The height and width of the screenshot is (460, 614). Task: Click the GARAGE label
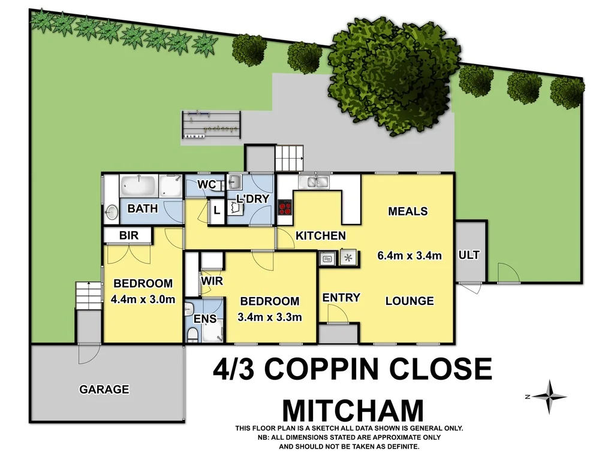click(104, 389)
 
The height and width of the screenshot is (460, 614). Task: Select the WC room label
click(207, 184)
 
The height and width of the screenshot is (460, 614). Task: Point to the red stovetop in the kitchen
click(285, 207)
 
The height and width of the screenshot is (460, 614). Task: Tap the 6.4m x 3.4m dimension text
click(410, 255)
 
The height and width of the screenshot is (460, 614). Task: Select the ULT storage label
click(469, 255)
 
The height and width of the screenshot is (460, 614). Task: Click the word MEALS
click(408, 211)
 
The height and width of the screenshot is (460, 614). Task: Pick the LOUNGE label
click(410, 301)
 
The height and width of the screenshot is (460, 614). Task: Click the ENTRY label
click(341, 298)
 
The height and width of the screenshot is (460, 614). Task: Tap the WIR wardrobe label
click(212, 280)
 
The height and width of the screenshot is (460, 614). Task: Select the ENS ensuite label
click(205, 319)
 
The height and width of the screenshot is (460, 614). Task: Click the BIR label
click(129, 235)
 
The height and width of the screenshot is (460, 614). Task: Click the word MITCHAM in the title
click(353, 410)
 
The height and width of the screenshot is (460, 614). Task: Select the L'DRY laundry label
click(252, 198)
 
